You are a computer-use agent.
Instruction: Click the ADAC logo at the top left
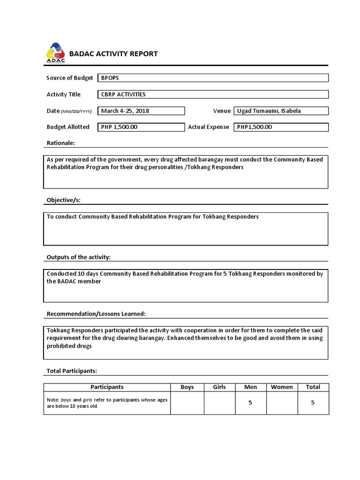[56, 53]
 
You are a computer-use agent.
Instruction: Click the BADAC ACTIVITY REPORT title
[113, 53]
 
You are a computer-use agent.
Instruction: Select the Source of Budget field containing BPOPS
[213, 78]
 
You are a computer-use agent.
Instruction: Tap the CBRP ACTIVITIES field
[213, 94]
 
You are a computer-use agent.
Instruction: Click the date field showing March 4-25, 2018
[141, 111]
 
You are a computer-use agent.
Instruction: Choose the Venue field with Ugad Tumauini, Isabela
[281, 111]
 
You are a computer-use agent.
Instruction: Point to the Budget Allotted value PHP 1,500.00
[141, 127]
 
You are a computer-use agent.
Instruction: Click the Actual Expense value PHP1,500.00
[281, 127]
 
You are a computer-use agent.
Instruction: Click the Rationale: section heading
[61, 143]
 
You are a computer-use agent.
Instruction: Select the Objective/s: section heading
[64, 200]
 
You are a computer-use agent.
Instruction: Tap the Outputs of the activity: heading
[79, 257]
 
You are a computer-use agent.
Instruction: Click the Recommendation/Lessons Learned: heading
[96, 314]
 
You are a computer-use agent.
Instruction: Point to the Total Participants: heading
[72, 371]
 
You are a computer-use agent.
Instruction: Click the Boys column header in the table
[187, 387]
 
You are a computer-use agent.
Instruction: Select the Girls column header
[219, 387]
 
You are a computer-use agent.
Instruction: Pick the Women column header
[282, 387]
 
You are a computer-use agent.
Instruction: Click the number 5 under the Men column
[250, 403]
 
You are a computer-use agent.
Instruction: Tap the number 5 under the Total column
[313, 403]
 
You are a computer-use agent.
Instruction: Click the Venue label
[222, 111]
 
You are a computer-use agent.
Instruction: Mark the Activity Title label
[64, 94]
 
